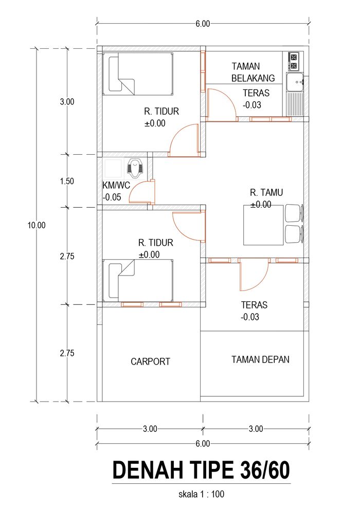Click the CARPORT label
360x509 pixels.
(150, 361)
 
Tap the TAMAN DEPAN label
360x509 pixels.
(260, 360)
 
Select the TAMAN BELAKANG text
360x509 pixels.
(253, 72)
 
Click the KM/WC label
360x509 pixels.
(116, 186)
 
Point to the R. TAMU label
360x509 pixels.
(266, 192)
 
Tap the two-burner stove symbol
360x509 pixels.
(294, 62)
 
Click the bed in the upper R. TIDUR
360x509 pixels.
(138, 74)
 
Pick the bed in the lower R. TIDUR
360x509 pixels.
(138, 281)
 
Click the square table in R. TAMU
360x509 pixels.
(263, 225)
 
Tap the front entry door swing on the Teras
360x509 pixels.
(254, 276)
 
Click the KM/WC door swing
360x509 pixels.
(141, 192)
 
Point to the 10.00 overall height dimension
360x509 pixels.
(37, 225)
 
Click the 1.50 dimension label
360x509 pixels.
(67, 181)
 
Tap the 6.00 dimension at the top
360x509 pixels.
(203, 24)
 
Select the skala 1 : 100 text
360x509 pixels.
(201, 495)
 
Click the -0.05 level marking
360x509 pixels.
(112, 197)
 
